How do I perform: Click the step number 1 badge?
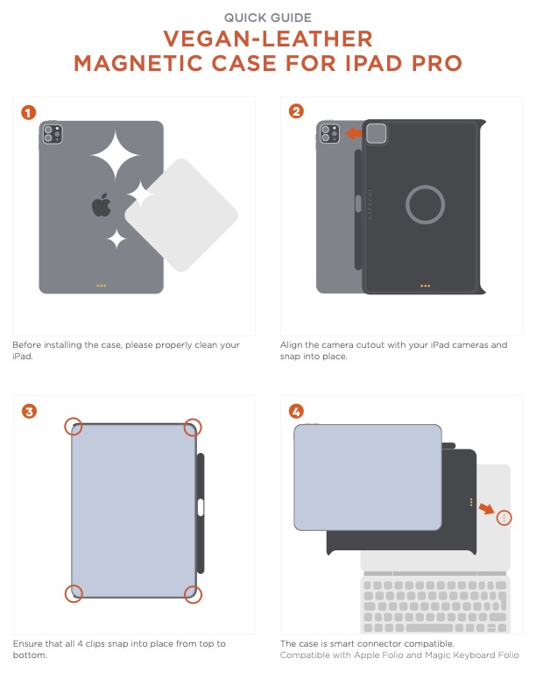pyautogui.click(x=28, y=113)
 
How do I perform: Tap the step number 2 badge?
pyautogui.click(x=296, y=111)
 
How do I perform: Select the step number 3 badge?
pyautogui.click(x=29, y=412)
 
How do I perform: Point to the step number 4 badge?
pyautogui.click(x=296, y=412)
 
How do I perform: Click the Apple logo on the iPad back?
pyautogui.click(x=102, y=205)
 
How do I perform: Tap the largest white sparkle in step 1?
pyautogui.click(x=116, y=155)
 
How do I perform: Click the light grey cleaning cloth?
pyautogui.click(x=181, y=215)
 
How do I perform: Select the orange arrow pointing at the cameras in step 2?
pyautogui.click(x=354, y=133)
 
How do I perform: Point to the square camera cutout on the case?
pyautogui.click(x=376, y=133)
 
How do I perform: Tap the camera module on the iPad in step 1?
pyautogui.click(x=53, y=134)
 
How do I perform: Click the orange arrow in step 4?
pyautogui.click(x=487, y=508)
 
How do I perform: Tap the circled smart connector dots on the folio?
pyautogui.click(x=504, y=517)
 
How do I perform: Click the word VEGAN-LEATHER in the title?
pyautogui.click(x=268, y=39)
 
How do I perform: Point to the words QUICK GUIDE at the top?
pyautogui.click(x=268, y=18)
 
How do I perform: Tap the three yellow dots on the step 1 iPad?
pyautogui.click(x=102, y=286)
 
